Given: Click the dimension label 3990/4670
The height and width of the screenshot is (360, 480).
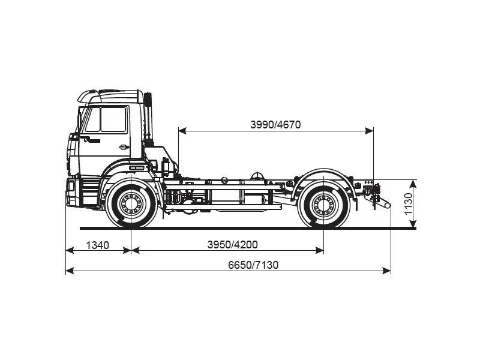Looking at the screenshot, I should [275, 125].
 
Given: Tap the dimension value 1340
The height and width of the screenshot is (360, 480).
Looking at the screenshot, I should [97, 245].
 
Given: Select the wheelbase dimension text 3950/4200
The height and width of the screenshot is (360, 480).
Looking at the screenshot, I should [232, 245].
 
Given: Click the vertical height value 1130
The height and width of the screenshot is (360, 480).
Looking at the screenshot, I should [409, 204].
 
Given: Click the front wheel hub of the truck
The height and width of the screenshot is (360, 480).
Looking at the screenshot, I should [131, 205].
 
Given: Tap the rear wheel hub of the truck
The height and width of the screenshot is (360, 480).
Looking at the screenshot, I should [323, 205].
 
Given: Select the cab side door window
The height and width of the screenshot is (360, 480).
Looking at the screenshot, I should [106, 119].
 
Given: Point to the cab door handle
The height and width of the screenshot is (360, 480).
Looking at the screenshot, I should [123, 147].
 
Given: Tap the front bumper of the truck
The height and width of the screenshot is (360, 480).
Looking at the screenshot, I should [72, 192].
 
